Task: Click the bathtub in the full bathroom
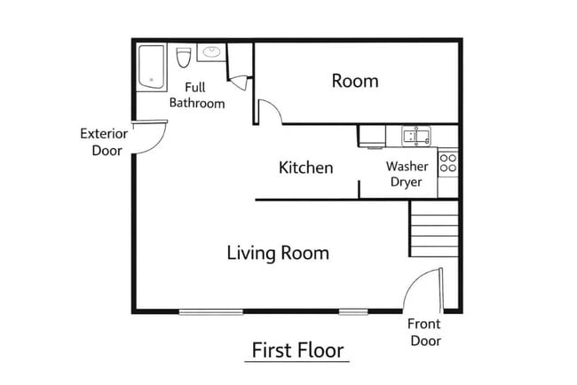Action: coord(150,67)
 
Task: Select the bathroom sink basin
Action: coord(212,52)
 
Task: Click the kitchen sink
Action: coord(415,137)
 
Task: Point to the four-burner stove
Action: coord(448,162)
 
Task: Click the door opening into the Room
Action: coord(269,111)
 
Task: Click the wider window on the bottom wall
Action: coord(211,310)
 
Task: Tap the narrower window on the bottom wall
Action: coord(353,310)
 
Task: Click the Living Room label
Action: coord(278,253)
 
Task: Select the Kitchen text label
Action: coord(306,168)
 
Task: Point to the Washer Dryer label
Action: coord(407,175)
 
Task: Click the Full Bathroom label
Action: coord(197,95)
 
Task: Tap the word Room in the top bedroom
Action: coord(355,81)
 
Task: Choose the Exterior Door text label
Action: coord(104,142)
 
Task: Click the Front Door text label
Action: coord(423,332)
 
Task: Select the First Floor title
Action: coord(296,350)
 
